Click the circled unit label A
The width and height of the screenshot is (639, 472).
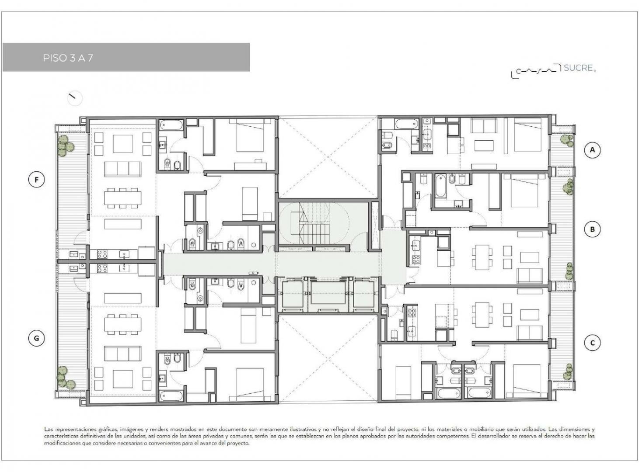(592, 150)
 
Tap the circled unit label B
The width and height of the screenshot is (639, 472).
(592, 229)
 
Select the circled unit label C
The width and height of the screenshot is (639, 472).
(592, 343)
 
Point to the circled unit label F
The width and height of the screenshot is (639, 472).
(36, 180)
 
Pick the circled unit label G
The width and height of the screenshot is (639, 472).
(36, 338)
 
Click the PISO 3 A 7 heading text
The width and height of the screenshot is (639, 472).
(68, 58)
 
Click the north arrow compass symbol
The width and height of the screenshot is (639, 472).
(75, 98)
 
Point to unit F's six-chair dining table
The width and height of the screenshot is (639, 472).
(123, 198)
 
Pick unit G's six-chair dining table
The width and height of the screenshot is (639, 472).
(123, 324)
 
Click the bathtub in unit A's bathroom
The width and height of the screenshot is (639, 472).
(406, 125)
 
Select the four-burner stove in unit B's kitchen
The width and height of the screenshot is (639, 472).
(416, 260)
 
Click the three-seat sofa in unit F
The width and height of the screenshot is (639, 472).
(123, 169)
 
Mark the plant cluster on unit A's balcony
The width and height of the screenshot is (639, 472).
(567, 141)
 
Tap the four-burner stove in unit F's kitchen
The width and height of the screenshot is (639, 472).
(102, 254)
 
